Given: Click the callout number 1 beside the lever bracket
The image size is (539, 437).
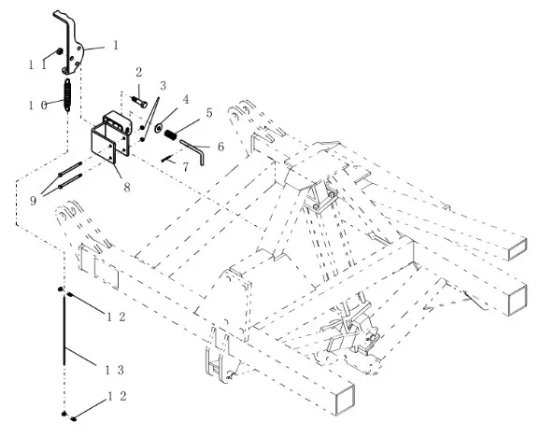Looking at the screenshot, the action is click(x=116, y=45).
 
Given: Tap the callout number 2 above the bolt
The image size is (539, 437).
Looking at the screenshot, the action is click(x=138, y=73).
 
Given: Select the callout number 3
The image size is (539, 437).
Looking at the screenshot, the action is click(x=163, y=86).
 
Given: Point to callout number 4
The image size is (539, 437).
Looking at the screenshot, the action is click(x=186, y=100).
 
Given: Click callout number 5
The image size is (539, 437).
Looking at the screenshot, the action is click(x=209, y=113).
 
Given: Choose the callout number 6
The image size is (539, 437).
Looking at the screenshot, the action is click(x=220, y=147).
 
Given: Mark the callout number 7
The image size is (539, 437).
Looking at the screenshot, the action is click(x=186, y=167).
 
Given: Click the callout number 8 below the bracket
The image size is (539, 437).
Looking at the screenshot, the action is click(x=127, y=188).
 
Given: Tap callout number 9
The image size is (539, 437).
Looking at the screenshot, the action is click(x=33, y=201).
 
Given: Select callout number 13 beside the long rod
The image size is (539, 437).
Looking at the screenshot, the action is click(x=115, y=370).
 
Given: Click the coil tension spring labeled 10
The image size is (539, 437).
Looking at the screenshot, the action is click(x=67, y=95).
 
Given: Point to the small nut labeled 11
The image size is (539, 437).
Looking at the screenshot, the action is click(x=60, y=51).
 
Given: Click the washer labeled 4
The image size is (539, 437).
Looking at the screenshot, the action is click(x=159, y=128).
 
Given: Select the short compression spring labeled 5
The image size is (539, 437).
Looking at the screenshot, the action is click(x=170, y=135).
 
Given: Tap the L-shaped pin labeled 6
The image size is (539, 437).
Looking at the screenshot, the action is click(x=193, y=150).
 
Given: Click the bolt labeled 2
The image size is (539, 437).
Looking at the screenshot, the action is click(x=139, y=102).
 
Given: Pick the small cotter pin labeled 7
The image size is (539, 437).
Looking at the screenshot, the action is click(x=167, y=159).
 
